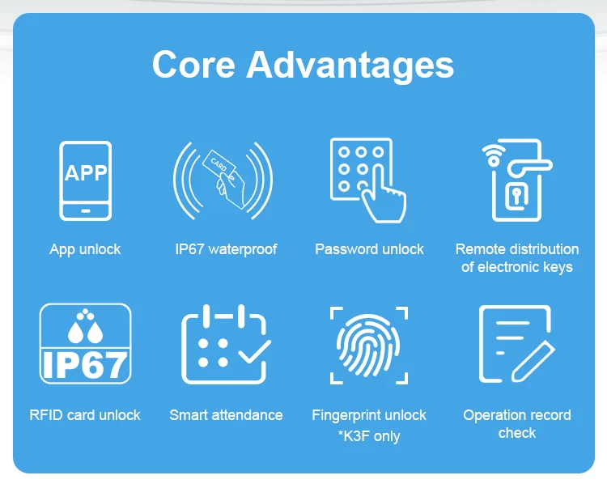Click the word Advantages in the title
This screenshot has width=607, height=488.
(350, 65)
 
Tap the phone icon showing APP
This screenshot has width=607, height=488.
(85, 180)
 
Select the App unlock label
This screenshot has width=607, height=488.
(85, 249)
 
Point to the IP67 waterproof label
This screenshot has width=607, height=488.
(226, 249)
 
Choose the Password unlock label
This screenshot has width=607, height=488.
(369, 249)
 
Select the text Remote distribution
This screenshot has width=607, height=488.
(517, 249)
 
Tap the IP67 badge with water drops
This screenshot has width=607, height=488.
(85, 343)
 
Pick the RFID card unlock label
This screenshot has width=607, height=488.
(85, 415)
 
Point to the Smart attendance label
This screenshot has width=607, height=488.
(226, 415)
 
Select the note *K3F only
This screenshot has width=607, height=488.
(369, 436)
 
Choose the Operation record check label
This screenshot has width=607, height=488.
(517, 424)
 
